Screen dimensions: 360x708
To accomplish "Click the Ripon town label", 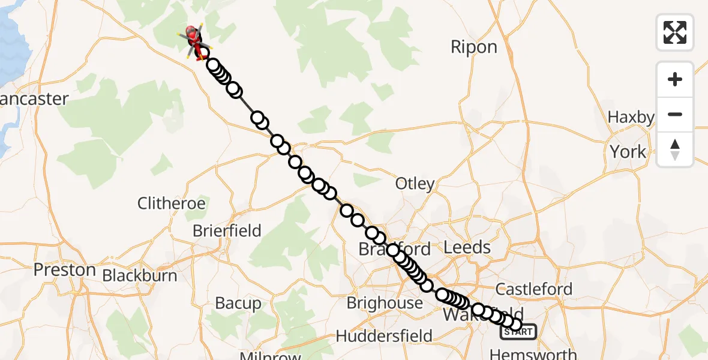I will click(x=474, y=47).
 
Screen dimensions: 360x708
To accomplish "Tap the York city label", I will click(x=628, y=152).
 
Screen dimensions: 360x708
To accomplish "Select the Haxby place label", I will click(x=631, y=117).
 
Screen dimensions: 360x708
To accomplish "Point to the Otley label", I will click(x=415, y=184).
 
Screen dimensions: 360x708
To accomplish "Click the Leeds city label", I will click(x=467, y=247).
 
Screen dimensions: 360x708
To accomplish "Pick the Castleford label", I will click(x=534, y=289).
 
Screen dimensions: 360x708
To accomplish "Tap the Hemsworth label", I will click(x=533, y=354).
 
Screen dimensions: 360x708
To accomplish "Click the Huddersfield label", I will click(x=384, y=335).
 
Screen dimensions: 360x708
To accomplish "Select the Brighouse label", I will click(x=385, y=303).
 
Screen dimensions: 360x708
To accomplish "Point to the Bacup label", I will click(x=238, y=304).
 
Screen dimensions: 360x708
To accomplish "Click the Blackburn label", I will click(x=140, y=275).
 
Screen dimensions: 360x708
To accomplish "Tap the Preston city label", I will click(x=65, y=270).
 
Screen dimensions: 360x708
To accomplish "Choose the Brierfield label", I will click(x=227, y=231).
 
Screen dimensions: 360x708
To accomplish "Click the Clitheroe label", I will click(x=172, y=203).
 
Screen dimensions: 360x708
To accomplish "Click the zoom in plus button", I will click(x=675, y=79).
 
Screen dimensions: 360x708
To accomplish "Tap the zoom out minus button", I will click(x=675, y=114).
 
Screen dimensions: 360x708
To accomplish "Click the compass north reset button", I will click(x=675, y=149).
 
